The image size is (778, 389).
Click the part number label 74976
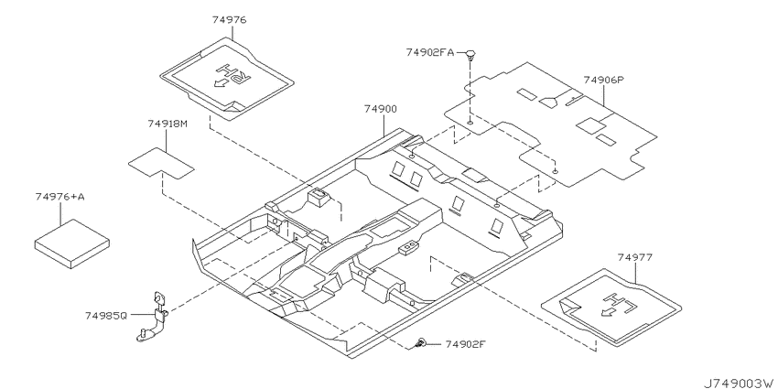229,20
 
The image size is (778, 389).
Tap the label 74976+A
60,197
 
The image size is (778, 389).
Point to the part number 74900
381,109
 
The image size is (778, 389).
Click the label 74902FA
429,52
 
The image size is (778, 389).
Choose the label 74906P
603,80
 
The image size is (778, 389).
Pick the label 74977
635,257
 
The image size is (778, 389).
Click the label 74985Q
106,315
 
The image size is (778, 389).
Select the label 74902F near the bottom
465,344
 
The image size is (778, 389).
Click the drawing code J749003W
740,383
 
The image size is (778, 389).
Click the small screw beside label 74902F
421,342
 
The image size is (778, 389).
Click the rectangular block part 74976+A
72,243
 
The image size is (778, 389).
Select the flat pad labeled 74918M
161,163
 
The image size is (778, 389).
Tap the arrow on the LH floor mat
608,312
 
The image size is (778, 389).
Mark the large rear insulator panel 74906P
551,124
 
